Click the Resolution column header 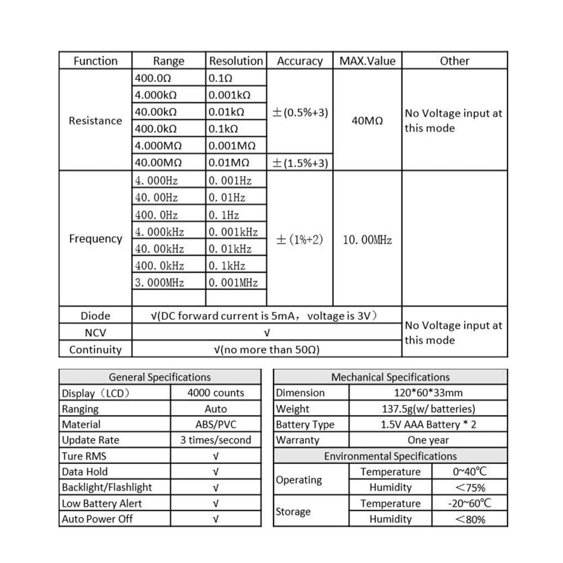click(x=236, y=61)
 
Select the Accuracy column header click(x=300, y=61)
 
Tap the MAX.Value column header click(x=367, y=61)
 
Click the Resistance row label click(x=95, y=120)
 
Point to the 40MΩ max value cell click(x=367, y=120)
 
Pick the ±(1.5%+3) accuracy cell click(x=300, y=163)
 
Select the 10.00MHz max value click(x=367, y=240)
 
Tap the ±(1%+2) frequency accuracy click(x=300, y=240)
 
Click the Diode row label click(x=95, y=315)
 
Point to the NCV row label click(x=95, y=333)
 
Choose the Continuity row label click(x=95, y=350)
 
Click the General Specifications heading click(x=160, y=377)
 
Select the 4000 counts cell click(x=216, y=393)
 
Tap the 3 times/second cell click(x=216, y=440)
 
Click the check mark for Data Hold click(x=216, y=472)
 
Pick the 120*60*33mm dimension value click(x=428, y=393)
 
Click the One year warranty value click(x=428, y=440)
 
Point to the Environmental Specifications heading click(x=390, y=456)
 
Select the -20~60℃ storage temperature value click(x=470, y=503)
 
